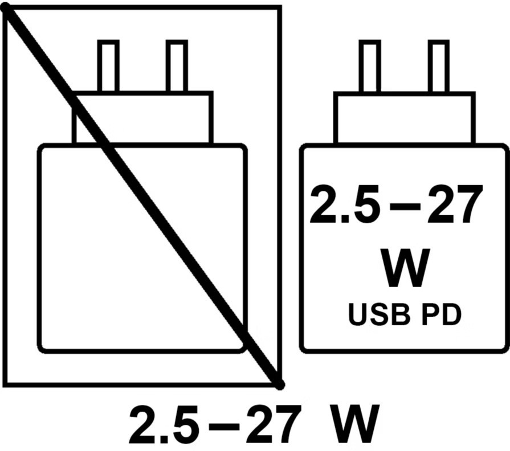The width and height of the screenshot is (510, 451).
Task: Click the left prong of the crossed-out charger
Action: point(108,66)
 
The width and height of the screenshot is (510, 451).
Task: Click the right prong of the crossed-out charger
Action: point(177,66)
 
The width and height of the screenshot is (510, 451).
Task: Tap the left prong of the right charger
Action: point(370,66)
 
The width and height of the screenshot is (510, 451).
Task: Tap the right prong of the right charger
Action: point(438,66)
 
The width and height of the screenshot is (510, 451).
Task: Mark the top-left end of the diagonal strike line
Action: point(7,8)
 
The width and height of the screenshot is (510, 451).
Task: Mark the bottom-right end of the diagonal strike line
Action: point(279,385)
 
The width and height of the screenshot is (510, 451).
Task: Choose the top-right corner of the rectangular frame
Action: point(280,7)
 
